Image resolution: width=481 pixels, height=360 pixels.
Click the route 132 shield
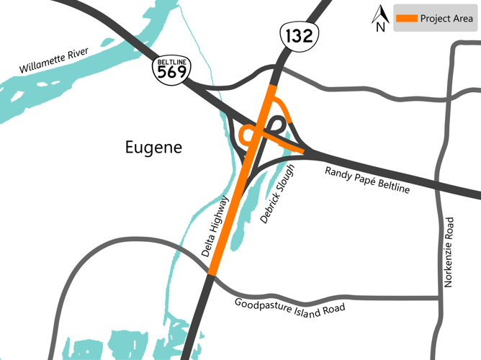[x=299, y=35]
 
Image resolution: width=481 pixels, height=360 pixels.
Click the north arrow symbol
[x=380, y=14]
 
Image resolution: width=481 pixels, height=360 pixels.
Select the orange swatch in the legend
[x=406, y=19]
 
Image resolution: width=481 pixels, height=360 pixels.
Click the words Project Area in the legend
[x=446, y=19]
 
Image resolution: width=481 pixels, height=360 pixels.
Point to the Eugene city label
[x=153, y=148]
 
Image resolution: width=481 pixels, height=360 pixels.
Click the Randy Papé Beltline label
[x=367, y=179]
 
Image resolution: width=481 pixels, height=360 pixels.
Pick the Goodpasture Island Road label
[x=289, y=307]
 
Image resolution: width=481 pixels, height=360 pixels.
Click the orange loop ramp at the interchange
[x=247, y=134]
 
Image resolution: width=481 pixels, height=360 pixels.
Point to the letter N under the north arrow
[x=380, y=27]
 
